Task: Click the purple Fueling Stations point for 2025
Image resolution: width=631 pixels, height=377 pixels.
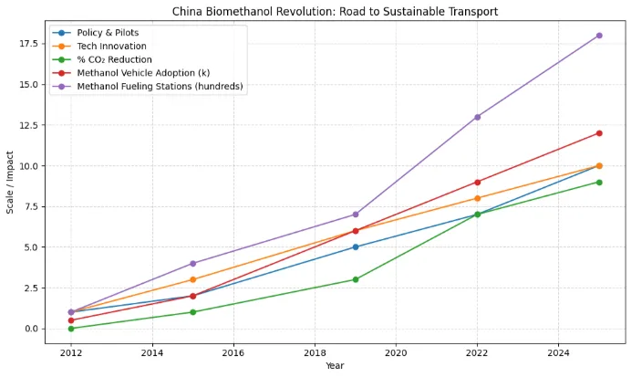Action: (x=599, y=36)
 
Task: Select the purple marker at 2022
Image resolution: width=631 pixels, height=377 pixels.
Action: (x=477, y=117)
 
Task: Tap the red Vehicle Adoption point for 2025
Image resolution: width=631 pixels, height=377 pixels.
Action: (x=599, y=133)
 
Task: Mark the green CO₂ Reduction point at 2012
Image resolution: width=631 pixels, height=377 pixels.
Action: (x=71, y=329)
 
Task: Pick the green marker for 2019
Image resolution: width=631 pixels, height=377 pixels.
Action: (x=356, y=279)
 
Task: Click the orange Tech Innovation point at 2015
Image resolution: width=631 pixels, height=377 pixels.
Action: (x=192, y=279)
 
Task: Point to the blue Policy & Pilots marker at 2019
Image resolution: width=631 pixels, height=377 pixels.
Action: (x=356, y=246)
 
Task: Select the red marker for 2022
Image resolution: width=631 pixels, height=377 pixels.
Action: (x=477, y=182)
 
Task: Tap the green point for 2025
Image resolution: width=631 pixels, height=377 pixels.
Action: (x=599, y=182)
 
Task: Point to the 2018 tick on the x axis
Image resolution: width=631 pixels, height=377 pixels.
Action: (x=315, y=352)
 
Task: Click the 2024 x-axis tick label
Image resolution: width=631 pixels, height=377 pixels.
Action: (x=558, y=352)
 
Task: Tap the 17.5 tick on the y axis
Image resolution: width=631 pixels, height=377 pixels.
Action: (x=31, y=44)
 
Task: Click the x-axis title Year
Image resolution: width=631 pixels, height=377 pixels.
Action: (x=336, y=366)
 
